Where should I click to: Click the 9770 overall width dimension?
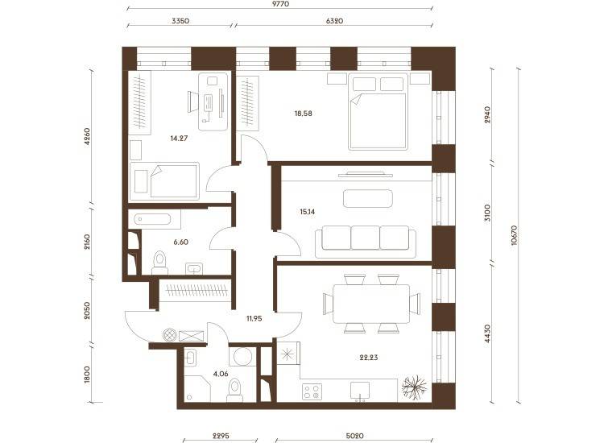[280, 4]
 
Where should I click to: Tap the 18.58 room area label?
[303, 114]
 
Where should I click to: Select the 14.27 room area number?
[179, 138]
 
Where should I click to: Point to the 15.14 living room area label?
[307, 212]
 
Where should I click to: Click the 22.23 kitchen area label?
[369, 358]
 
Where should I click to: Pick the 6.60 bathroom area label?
[180, 242]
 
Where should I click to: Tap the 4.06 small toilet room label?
[221, 374]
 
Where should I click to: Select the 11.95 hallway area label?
[254, 319]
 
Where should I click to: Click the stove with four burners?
[312, 392]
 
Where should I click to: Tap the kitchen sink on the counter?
[360, 391]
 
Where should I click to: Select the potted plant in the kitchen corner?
[415, 387]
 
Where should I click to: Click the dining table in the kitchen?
[371, 304]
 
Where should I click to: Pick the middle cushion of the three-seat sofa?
[365, 238]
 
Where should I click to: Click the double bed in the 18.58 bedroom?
[378, 112]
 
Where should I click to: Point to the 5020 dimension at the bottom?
[355, 436]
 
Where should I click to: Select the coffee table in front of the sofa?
[368, 198]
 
